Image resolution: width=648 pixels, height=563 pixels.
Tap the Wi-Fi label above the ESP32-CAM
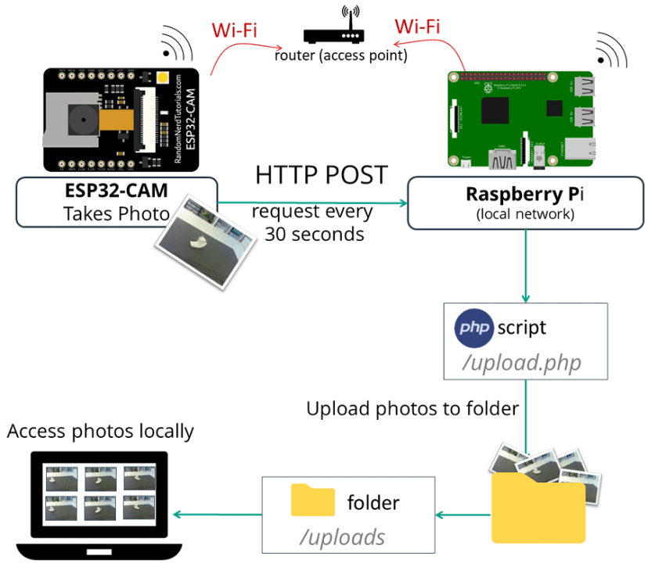236,30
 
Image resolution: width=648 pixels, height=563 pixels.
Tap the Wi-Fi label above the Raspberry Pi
416,25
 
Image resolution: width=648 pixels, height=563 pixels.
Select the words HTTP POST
321,175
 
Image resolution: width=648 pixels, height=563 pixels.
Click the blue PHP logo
474,328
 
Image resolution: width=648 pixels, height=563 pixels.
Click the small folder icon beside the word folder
313,500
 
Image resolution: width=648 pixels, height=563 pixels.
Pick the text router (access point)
340,56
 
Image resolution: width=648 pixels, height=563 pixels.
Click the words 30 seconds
314,233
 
